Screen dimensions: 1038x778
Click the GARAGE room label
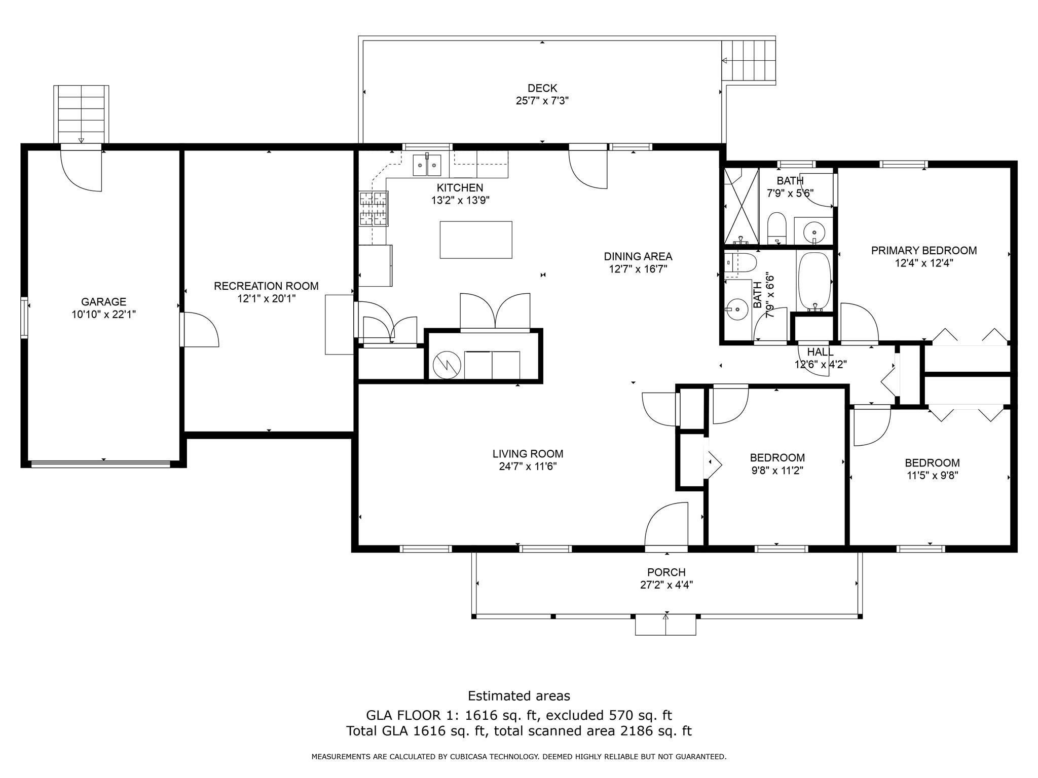(103, 302)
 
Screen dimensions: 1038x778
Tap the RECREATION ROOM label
(266, 286)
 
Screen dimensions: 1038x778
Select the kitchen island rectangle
(476, 240)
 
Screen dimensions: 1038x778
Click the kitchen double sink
(427, 165)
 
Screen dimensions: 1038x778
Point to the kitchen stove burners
(374, 208)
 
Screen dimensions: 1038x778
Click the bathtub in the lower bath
(814, 281)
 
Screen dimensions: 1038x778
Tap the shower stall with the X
(740, 206)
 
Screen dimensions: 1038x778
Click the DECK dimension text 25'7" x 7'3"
(542, 101)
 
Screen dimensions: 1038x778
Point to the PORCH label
(666, 572)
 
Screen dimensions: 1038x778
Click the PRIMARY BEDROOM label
(924, 251)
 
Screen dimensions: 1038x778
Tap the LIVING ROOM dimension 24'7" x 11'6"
(528, 466)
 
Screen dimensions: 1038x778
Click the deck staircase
(749, 61)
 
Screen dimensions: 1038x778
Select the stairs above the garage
(81, 114)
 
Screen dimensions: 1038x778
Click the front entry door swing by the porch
(666, 524)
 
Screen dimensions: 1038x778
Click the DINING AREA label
(638, 257)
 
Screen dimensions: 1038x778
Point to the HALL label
(820, 352)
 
